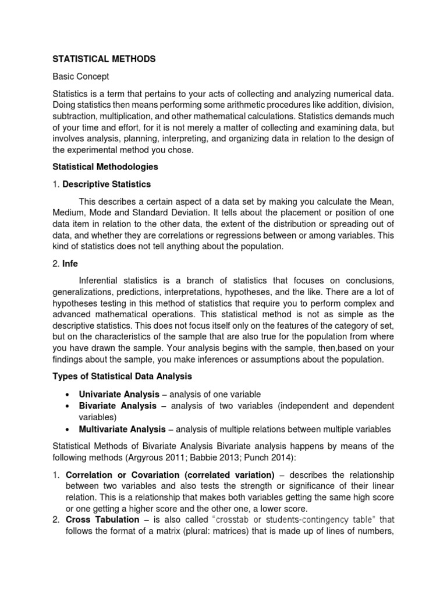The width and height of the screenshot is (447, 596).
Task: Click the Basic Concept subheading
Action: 81,76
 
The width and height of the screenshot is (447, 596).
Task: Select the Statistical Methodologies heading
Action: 105,166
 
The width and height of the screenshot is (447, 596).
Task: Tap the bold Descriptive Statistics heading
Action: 107,184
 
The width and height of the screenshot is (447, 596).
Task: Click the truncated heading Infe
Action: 70,264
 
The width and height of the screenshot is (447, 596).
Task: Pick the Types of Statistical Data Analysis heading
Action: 122,377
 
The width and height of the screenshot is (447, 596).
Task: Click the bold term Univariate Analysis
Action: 116,394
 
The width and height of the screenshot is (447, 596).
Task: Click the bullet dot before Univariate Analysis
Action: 69,395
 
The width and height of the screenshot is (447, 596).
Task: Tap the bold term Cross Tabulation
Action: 102,519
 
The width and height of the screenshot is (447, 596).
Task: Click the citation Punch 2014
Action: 264,457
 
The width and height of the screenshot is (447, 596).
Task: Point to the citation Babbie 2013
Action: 213,457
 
